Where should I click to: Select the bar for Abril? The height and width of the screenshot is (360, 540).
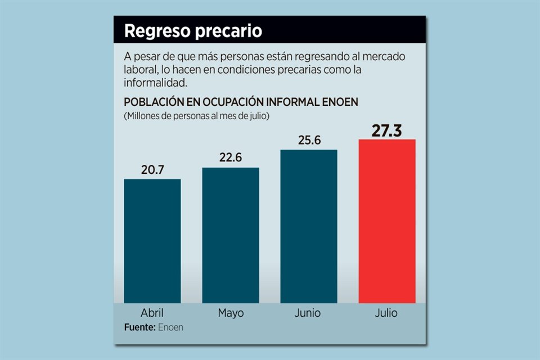[x=152, y=241]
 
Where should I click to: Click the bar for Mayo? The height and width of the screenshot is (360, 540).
[x=231, y=235]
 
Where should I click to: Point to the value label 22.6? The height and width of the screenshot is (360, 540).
[x=231, y=158]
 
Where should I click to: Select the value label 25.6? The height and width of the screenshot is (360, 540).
[x=309, y=140]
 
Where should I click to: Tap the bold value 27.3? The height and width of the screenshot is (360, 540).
[x=387, y=130]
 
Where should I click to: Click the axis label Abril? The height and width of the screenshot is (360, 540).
[x=152, y=313]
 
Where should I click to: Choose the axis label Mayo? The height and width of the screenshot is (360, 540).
[x=231, y=313]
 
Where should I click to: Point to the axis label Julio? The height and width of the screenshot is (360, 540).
[x=386, y=313]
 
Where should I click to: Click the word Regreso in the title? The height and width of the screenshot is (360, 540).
[x=157, y=31]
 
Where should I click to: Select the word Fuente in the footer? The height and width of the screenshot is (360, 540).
[x=139, y=327]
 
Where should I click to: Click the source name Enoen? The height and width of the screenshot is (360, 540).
[x=170, y=327]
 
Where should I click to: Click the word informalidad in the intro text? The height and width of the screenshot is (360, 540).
[x=155, y=83]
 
